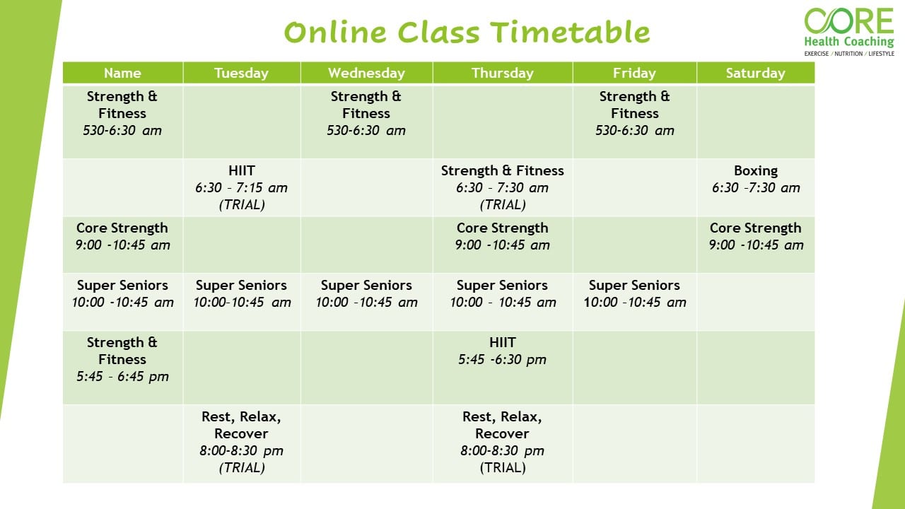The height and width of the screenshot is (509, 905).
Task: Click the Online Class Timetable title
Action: click(467, 33)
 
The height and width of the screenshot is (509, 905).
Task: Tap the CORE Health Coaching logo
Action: click(848, 31)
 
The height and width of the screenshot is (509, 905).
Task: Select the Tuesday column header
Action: click(241, 73)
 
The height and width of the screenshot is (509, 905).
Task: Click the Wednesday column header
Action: click(366, 73)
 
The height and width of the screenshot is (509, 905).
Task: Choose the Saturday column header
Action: click(755, 73)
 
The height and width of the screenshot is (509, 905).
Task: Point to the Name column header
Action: click(122, 73)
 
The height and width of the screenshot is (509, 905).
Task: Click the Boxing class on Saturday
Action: click(755, 180)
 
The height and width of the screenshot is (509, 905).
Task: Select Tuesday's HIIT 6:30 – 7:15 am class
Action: click(241, 187)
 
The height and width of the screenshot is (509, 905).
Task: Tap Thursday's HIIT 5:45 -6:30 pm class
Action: click(502, 351)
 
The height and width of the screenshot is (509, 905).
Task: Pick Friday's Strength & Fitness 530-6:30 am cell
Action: click(634, 113)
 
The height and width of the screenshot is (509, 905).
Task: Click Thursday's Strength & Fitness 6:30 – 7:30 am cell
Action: click(502, 187)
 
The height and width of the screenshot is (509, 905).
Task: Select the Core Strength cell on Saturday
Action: click(755, 237)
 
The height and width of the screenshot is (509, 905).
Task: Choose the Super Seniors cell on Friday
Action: click(634, 294)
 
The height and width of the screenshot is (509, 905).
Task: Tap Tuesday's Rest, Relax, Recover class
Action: click(241, 442)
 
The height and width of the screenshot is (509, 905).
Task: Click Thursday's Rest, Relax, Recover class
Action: click(502, 442)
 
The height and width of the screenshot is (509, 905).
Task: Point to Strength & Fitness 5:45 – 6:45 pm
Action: click(122, 359)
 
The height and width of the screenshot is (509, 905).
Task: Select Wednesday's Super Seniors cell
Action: click(366, 294)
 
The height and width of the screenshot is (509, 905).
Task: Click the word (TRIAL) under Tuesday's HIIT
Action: click(241, 205)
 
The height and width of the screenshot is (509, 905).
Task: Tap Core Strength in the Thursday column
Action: click(502, 237)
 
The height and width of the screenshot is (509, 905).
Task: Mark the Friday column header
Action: click(634, 73)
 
